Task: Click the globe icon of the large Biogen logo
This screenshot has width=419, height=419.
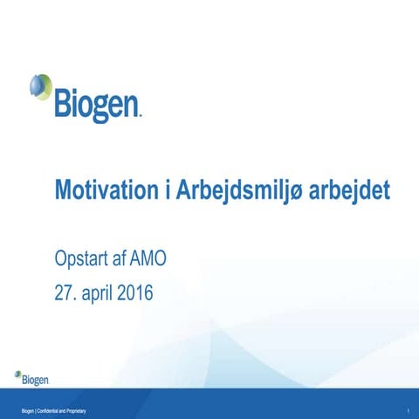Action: tap(40, 88)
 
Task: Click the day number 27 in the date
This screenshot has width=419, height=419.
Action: tap(64, 292)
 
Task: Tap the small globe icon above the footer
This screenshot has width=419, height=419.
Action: tap(17, 375)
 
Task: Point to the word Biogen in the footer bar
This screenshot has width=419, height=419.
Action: tap(31, 409)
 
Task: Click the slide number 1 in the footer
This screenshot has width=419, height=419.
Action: tap(408, 409)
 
